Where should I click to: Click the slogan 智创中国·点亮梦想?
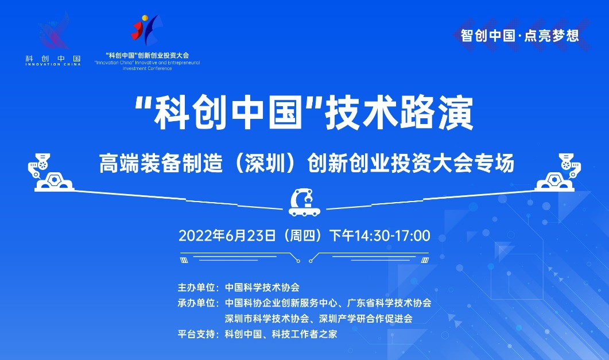click(520, 35)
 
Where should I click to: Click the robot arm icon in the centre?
click(304, 202)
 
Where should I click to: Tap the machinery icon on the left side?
click(50, 172)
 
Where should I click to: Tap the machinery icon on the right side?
click(558, 172)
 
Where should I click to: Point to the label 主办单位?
click(198, 287)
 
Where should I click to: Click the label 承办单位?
click(198, 303)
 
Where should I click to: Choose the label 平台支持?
click(198, 333)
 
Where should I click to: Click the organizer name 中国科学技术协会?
click(262, 287)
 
